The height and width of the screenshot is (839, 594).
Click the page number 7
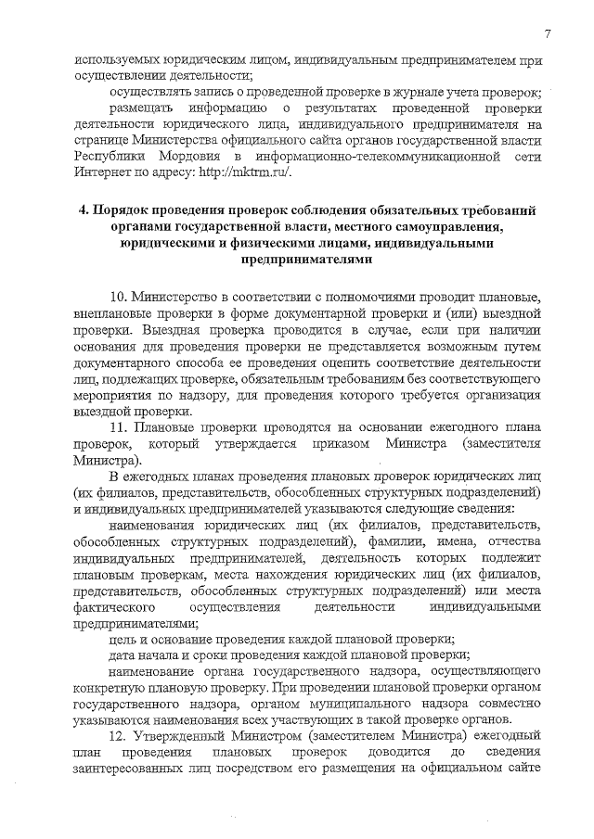tap(549, 34)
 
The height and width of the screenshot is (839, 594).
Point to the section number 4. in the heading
tap(86, 210)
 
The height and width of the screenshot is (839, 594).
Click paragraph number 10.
tap(119, 296)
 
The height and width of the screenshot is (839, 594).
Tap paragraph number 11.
tap(119, 426)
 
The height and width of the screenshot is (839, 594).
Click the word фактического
tap(116, 606)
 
